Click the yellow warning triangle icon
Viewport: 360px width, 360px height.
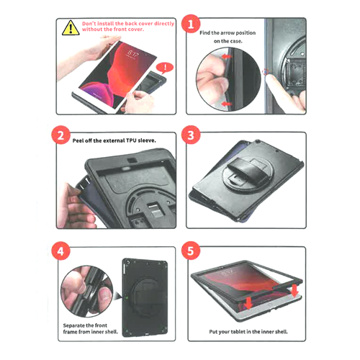point(71,28)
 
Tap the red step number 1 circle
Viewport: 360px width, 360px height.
point(191,24)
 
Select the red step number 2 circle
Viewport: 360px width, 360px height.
point(60,135)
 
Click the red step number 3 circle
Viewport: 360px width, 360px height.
point(191,135)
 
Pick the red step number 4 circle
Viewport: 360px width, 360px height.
point(60,251)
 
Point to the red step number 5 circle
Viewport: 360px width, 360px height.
point(191,251)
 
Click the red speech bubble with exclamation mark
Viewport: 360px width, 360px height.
point(165,68)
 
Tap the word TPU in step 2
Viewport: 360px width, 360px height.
point(131,140)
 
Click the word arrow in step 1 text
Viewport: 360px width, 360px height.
point(228,32)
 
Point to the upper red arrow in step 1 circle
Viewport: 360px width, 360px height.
point(227,57)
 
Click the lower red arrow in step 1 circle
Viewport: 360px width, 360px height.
point(227,104)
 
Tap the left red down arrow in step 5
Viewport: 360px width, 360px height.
point(248,303)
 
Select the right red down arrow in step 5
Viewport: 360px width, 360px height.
point(294,291)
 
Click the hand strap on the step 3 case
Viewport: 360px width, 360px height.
point(245,168)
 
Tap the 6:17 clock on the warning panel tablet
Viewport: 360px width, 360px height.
point(132,55)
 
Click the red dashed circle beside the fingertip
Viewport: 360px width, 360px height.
point(266,72)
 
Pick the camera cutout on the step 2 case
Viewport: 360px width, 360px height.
point(132,161)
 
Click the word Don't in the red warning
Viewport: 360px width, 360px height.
point(89,24)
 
